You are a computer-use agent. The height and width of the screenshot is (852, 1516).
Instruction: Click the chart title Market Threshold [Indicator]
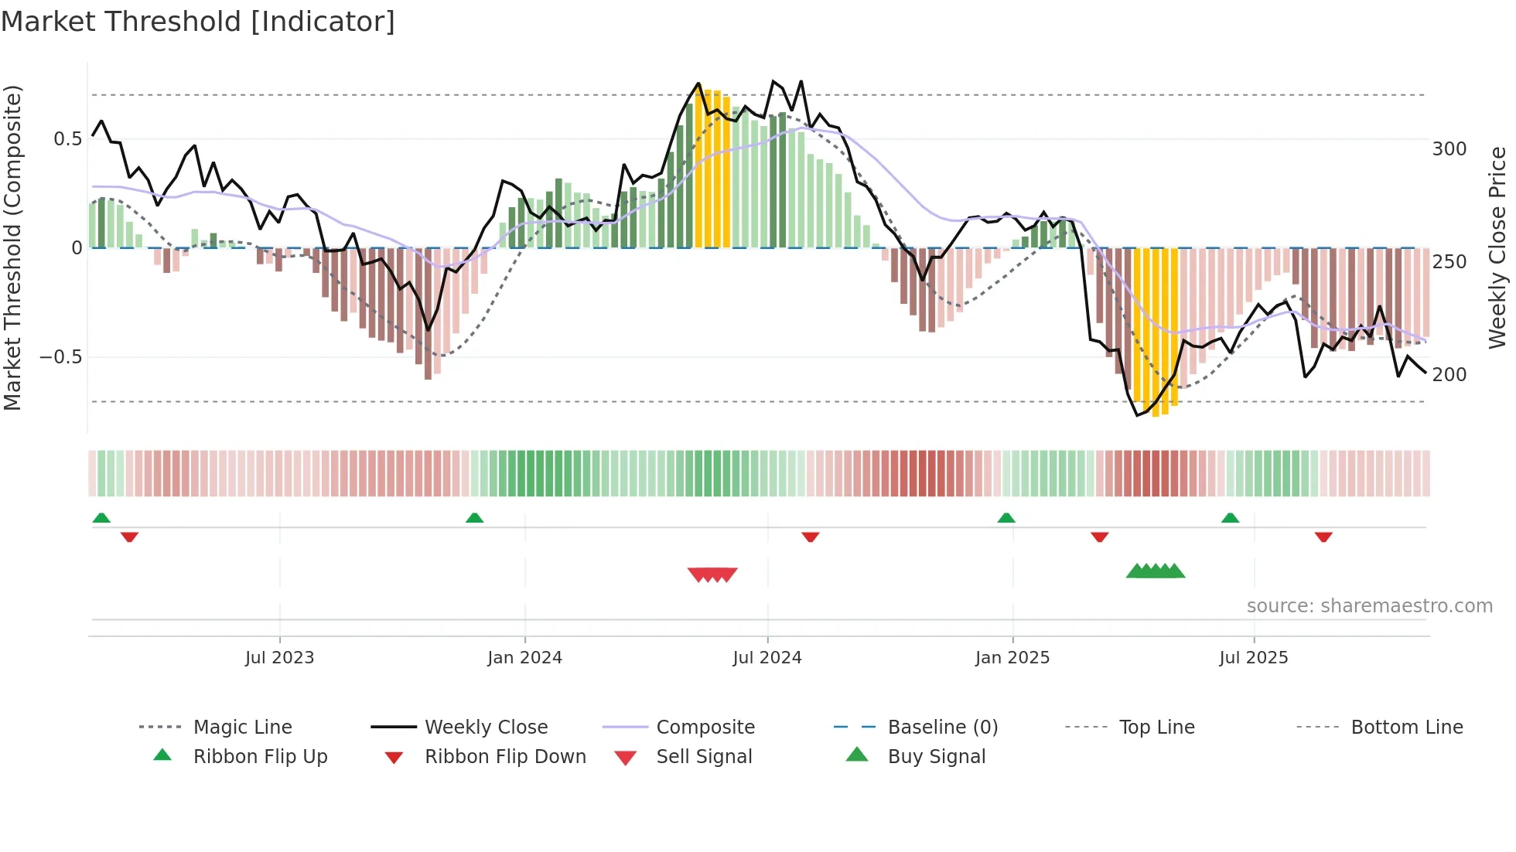pyautogui.click(x=198, y=22)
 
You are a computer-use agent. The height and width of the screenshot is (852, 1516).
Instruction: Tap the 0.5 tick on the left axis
pyautogui.click(x=67, y=139)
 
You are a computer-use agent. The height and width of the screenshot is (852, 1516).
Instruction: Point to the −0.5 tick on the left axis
pyautogui.click(x=61, y=357)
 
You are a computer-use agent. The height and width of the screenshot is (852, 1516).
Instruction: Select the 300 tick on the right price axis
pyautogui.click(x=1449, y=149)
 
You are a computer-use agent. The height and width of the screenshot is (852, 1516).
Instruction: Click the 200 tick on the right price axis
pyautogui.click(x=1449, y=375)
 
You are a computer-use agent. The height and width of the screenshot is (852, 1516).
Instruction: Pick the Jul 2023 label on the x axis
pyautogui.click(x=279, y=658)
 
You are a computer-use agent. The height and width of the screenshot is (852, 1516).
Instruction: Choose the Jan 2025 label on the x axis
pyautogui.click(x=1012, y=658)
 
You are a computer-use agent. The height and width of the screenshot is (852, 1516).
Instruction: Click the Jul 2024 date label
pyautogui.click(x=767, y=658)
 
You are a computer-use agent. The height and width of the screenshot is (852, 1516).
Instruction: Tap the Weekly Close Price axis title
pyautogui.click(x=1497, y=247)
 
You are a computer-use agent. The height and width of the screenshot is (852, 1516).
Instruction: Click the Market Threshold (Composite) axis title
pyautogui.click(x=12, y=247)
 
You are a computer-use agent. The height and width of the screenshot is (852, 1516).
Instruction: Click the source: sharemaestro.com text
pyautogui.click(x=1369, y=606)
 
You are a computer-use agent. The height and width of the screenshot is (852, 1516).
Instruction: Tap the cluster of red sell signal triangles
pyautogui.click(x=712, y=574)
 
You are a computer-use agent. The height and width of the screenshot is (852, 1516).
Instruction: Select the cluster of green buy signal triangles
pyautogui.click(x=1156, y=571)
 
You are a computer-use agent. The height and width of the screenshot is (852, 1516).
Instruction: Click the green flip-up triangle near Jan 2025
pyautogui.click(x=1006, y=518)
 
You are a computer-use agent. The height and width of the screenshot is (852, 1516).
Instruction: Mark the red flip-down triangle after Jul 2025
pyautogui.click(x=1323, y=537)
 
